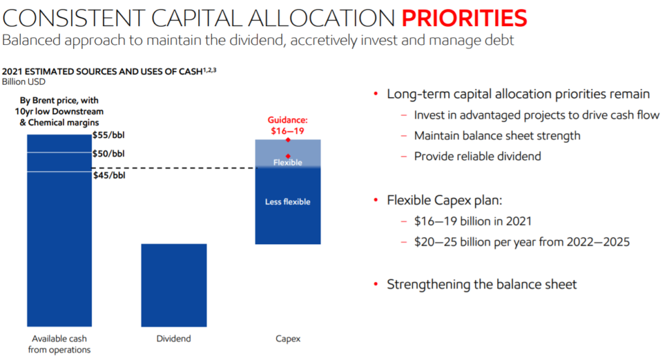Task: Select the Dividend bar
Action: click(x=174, y=284)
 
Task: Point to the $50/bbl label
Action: click(x=108, y=154)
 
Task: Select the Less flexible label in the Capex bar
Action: click(x=287, y=202)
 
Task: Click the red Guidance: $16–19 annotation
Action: click(x=287, y=126)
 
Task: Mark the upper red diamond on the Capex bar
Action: click(x=287, y=140)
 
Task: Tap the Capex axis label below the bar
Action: click(x=287, y=339)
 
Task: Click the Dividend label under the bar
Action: click(x=174, y=339)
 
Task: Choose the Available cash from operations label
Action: click(x=59, y=344)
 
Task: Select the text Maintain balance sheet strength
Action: click(x=497, y=136)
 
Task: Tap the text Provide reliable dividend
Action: click(x=477, y=156)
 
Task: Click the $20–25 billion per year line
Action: click(x=522, y=242)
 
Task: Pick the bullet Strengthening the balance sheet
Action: click(x=481, y=284)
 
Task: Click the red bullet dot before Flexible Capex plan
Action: click(x=376, y=201)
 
